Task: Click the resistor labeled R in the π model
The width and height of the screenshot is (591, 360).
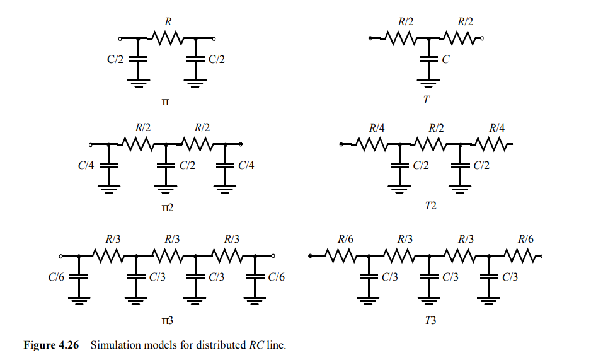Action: click(x=167, y=38)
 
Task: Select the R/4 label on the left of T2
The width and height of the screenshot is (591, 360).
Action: click(x=376, y=128)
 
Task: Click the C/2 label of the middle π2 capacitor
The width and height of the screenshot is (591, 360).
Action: click(x=187, y=165)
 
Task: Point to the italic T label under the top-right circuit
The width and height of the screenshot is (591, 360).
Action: click(x=427, y=99)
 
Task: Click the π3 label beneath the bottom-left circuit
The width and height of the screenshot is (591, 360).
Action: click(x=166, y=321)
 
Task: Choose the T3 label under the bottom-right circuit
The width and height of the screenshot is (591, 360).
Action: click(x=430, y=321)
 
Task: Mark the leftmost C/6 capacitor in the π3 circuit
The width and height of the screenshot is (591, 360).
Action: click(x=79, y=276)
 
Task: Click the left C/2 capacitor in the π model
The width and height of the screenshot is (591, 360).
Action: click(x=138, y=59)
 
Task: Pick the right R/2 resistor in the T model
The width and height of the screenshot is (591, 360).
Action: click(x=464, y=38)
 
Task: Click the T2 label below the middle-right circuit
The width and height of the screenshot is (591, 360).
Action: click(x=430, y=206)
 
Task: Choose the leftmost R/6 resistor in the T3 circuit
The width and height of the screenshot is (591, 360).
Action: click(x=343, y=256)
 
